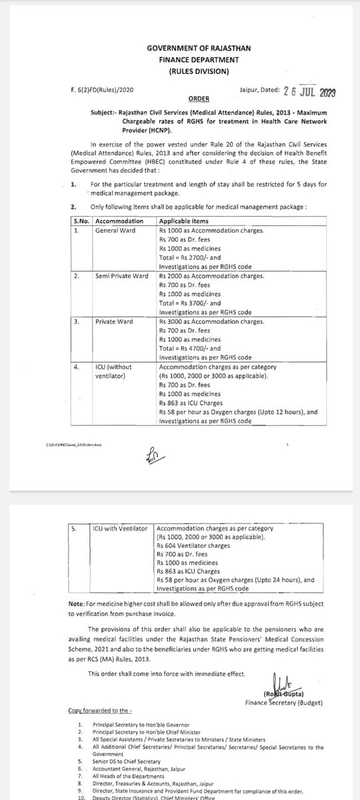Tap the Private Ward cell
pyautogui.click(x=114, y=321)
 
